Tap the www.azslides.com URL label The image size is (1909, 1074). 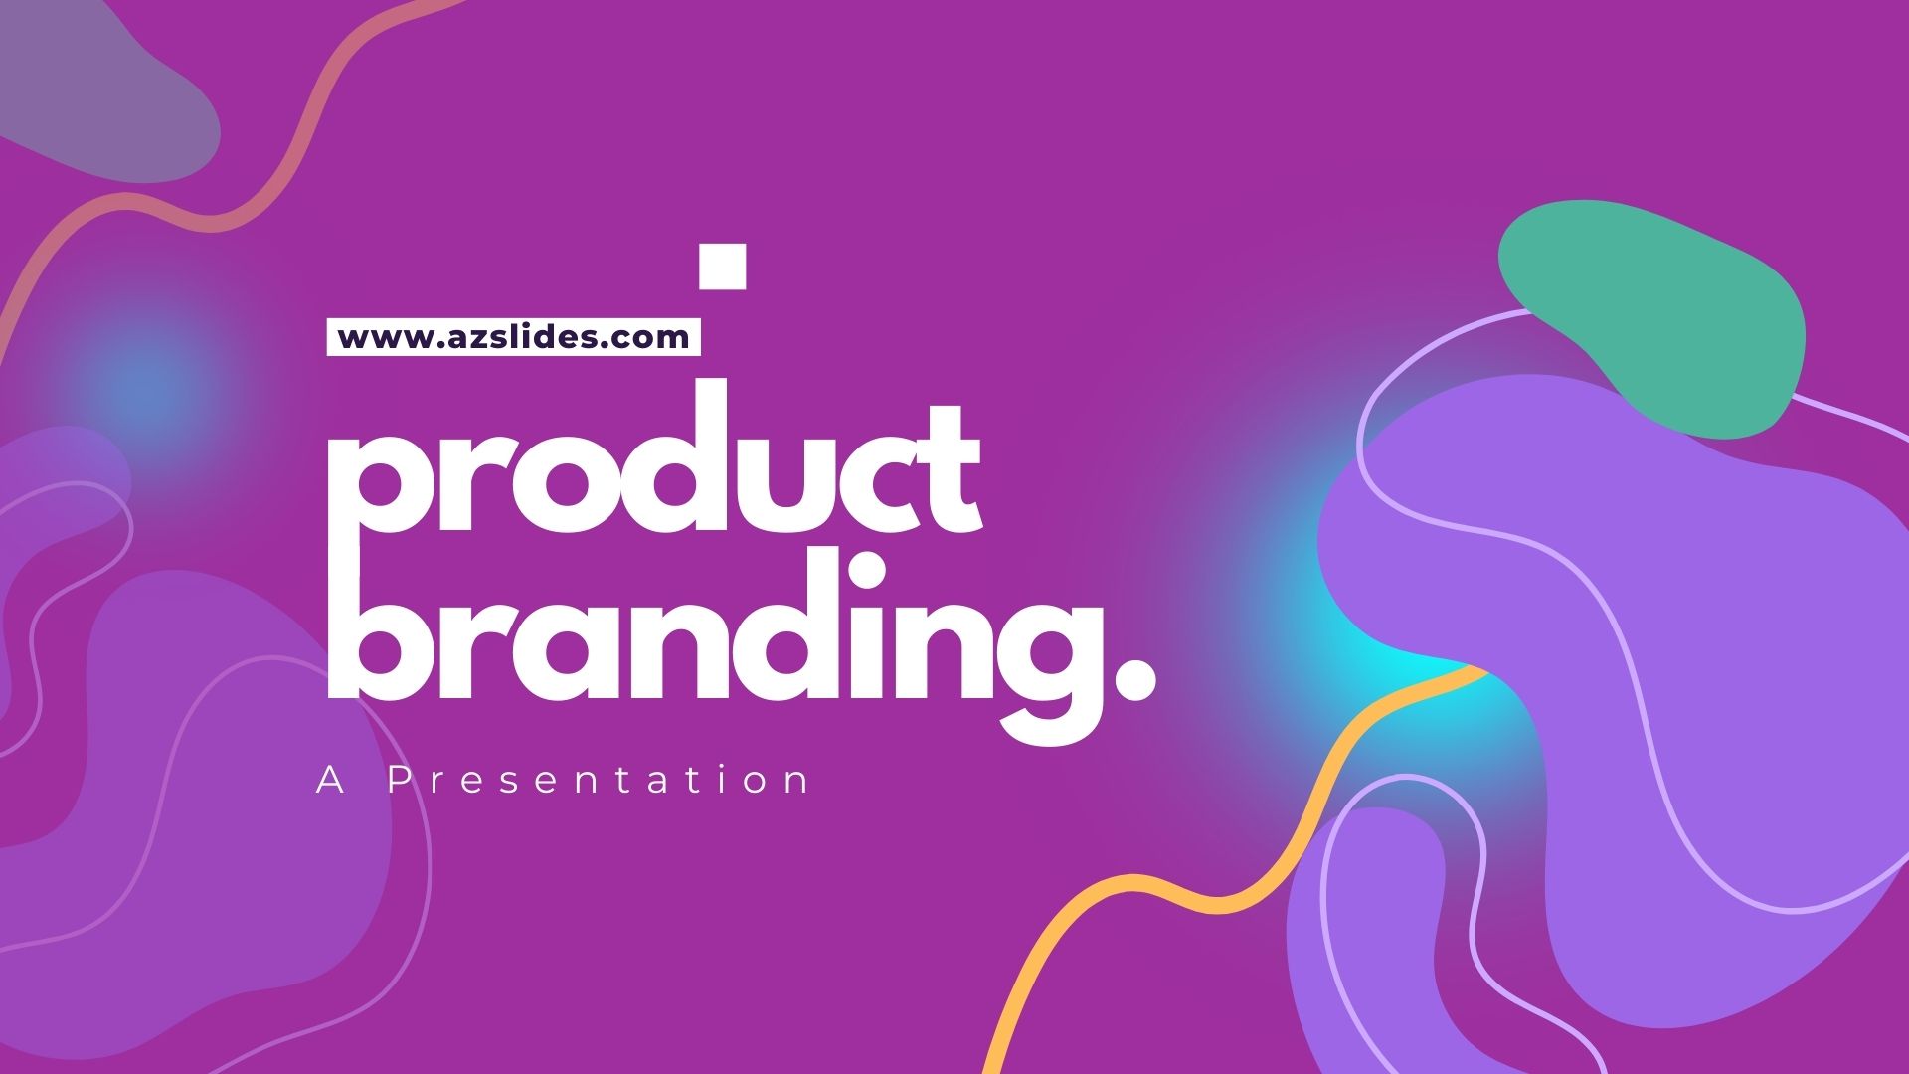pyautogui.click(x=513, y=336)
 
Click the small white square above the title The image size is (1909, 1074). pyautogui.click(x=722, y=266)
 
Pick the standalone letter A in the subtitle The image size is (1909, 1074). pyautogui.click(x=331, y=781)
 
